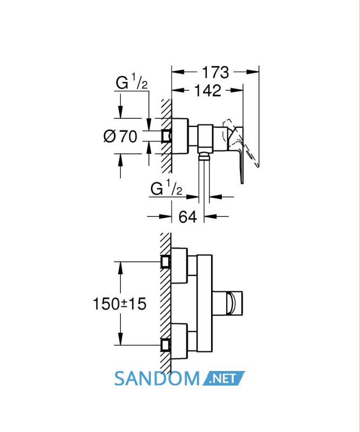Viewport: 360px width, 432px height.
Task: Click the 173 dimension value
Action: point(215,72)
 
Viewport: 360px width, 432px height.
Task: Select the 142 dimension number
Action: point(208,90)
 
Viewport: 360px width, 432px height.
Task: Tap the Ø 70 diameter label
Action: point(120,136)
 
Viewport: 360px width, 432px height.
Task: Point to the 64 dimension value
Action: point(188,217)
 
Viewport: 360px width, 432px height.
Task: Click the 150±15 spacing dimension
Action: point(119,303)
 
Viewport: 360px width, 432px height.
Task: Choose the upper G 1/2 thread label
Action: point(132,82)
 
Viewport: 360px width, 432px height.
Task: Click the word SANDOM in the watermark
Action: point(157,379)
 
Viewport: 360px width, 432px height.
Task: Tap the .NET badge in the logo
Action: point(223,379)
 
